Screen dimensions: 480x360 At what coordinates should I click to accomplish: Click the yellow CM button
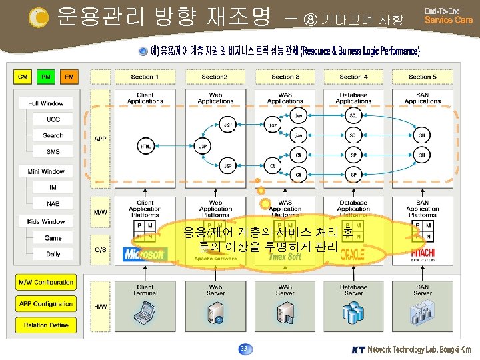pyautogui.click(x=23, y=77)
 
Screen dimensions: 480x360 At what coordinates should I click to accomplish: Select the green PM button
pyautogui.click(x=45, y=77)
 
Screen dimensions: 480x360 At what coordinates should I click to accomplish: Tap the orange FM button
pyautogui.click(x=68, y=77)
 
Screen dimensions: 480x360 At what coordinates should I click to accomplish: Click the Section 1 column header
pyautogui.click(x=144, y=77)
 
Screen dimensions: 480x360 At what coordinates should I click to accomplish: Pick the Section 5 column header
pyautogui.click(x=422, y=77)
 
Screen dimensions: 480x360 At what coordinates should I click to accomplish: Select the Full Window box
pyautogui.click(x=46, y=103)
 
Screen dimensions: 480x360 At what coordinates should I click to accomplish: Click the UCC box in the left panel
pyautogui.click(x=53, y=119)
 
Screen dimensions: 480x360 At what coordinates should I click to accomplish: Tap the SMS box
pyautogui.click(x=53, y=152)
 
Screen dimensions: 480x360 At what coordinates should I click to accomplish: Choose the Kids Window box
pyautogui.click(x=46, y=221)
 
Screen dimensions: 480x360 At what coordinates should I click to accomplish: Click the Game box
pyautogui.click(x=53, y=238)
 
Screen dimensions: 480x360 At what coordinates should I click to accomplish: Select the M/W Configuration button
pyautogui.click(x=45, y=282)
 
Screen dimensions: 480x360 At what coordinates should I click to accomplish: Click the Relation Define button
pyautogui.click(x=45, y=325)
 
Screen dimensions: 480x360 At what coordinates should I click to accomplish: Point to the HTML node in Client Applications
pyautogui.click(x=144, y=145)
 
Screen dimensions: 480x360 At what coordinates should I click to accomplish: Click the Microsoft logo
pyautogui.click(x=145, y=254)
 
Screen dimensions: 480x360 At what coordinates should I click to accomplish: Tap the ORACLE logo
pyautogui.click(x=353, y=255)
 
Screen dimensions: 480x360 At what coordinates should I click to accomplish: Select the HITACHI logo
pyautogui.click(x=422, y=255)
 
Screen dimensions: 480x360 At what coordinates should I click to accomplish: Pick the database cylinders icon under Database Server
pyautogui.click(x=353, y=311)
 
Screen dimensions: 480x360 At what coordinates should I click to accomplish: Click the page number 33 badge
pyautogui.click(x=244, y=348)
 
